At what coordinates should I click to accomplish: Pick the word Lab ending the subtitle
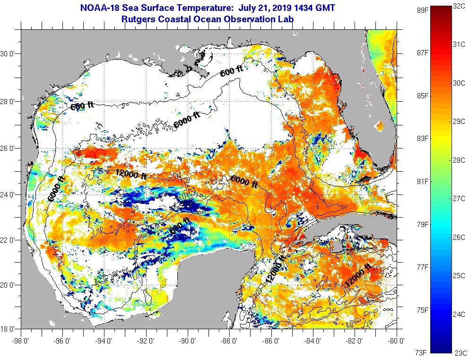pyautogui.click(x=287, y=19)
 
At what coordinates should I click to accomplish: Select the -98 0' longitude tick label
pyautogui.click(x=21, y=340)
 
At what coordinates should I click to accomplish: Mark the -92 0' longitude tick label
pyautogui.click(x=146, y=340)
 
